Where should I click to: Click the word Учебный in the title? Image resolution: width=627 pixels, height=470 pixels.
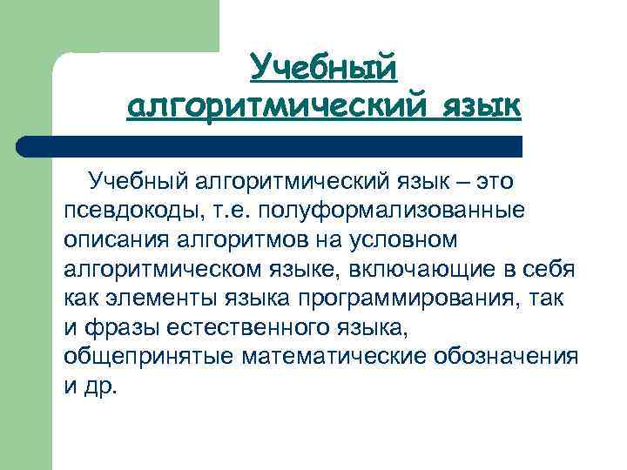pyautogui.click(x=323, y=66)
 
